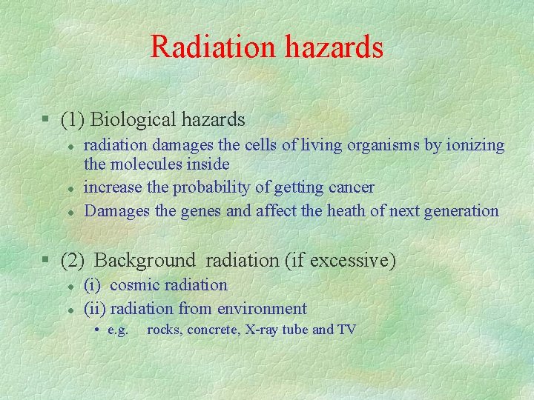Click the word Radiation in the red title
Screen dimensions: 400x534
pos(211,47)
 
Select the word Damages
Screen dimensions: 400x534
pos(117,211)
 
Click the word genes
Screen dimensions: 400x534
pos(201,211)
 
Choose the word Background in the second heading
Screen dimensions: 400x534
pos(145,261)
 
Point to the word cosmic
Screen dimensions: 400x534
pos(137,284)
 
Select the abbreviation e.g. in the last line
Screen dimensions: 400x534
pos(118,330)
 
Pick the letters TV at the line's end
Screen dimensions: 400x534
pos(346,330)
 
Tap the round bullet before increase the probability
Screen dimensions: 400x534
pos(67,188)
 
